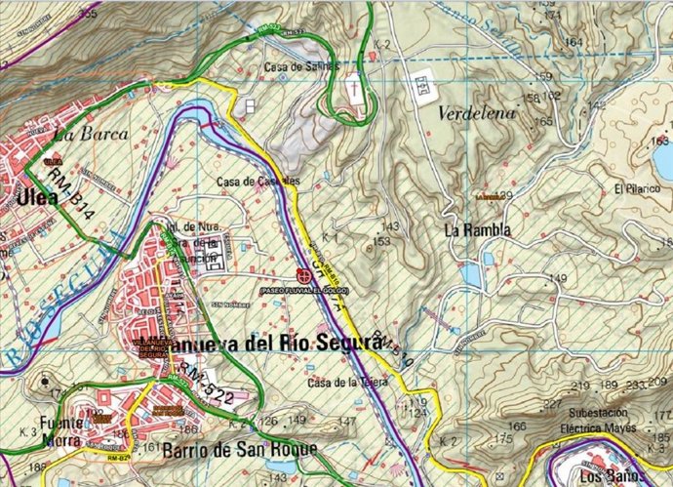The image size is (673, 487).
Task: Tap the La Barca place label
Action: click(78, 135)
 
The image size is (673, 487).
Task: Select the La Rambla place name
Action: click(477, 230)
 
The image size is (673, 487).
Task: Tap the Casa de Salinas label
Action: click(301, 66)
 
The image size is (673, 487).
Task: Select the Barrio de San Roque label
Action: click(240, 448)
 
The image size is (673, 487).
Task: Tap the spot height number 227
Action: click(552, 404)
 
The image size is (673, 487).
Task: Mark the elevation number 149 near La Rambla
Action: click(558, 279)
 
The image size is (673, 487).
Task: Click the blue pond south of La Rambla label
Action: click(472, 274)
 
